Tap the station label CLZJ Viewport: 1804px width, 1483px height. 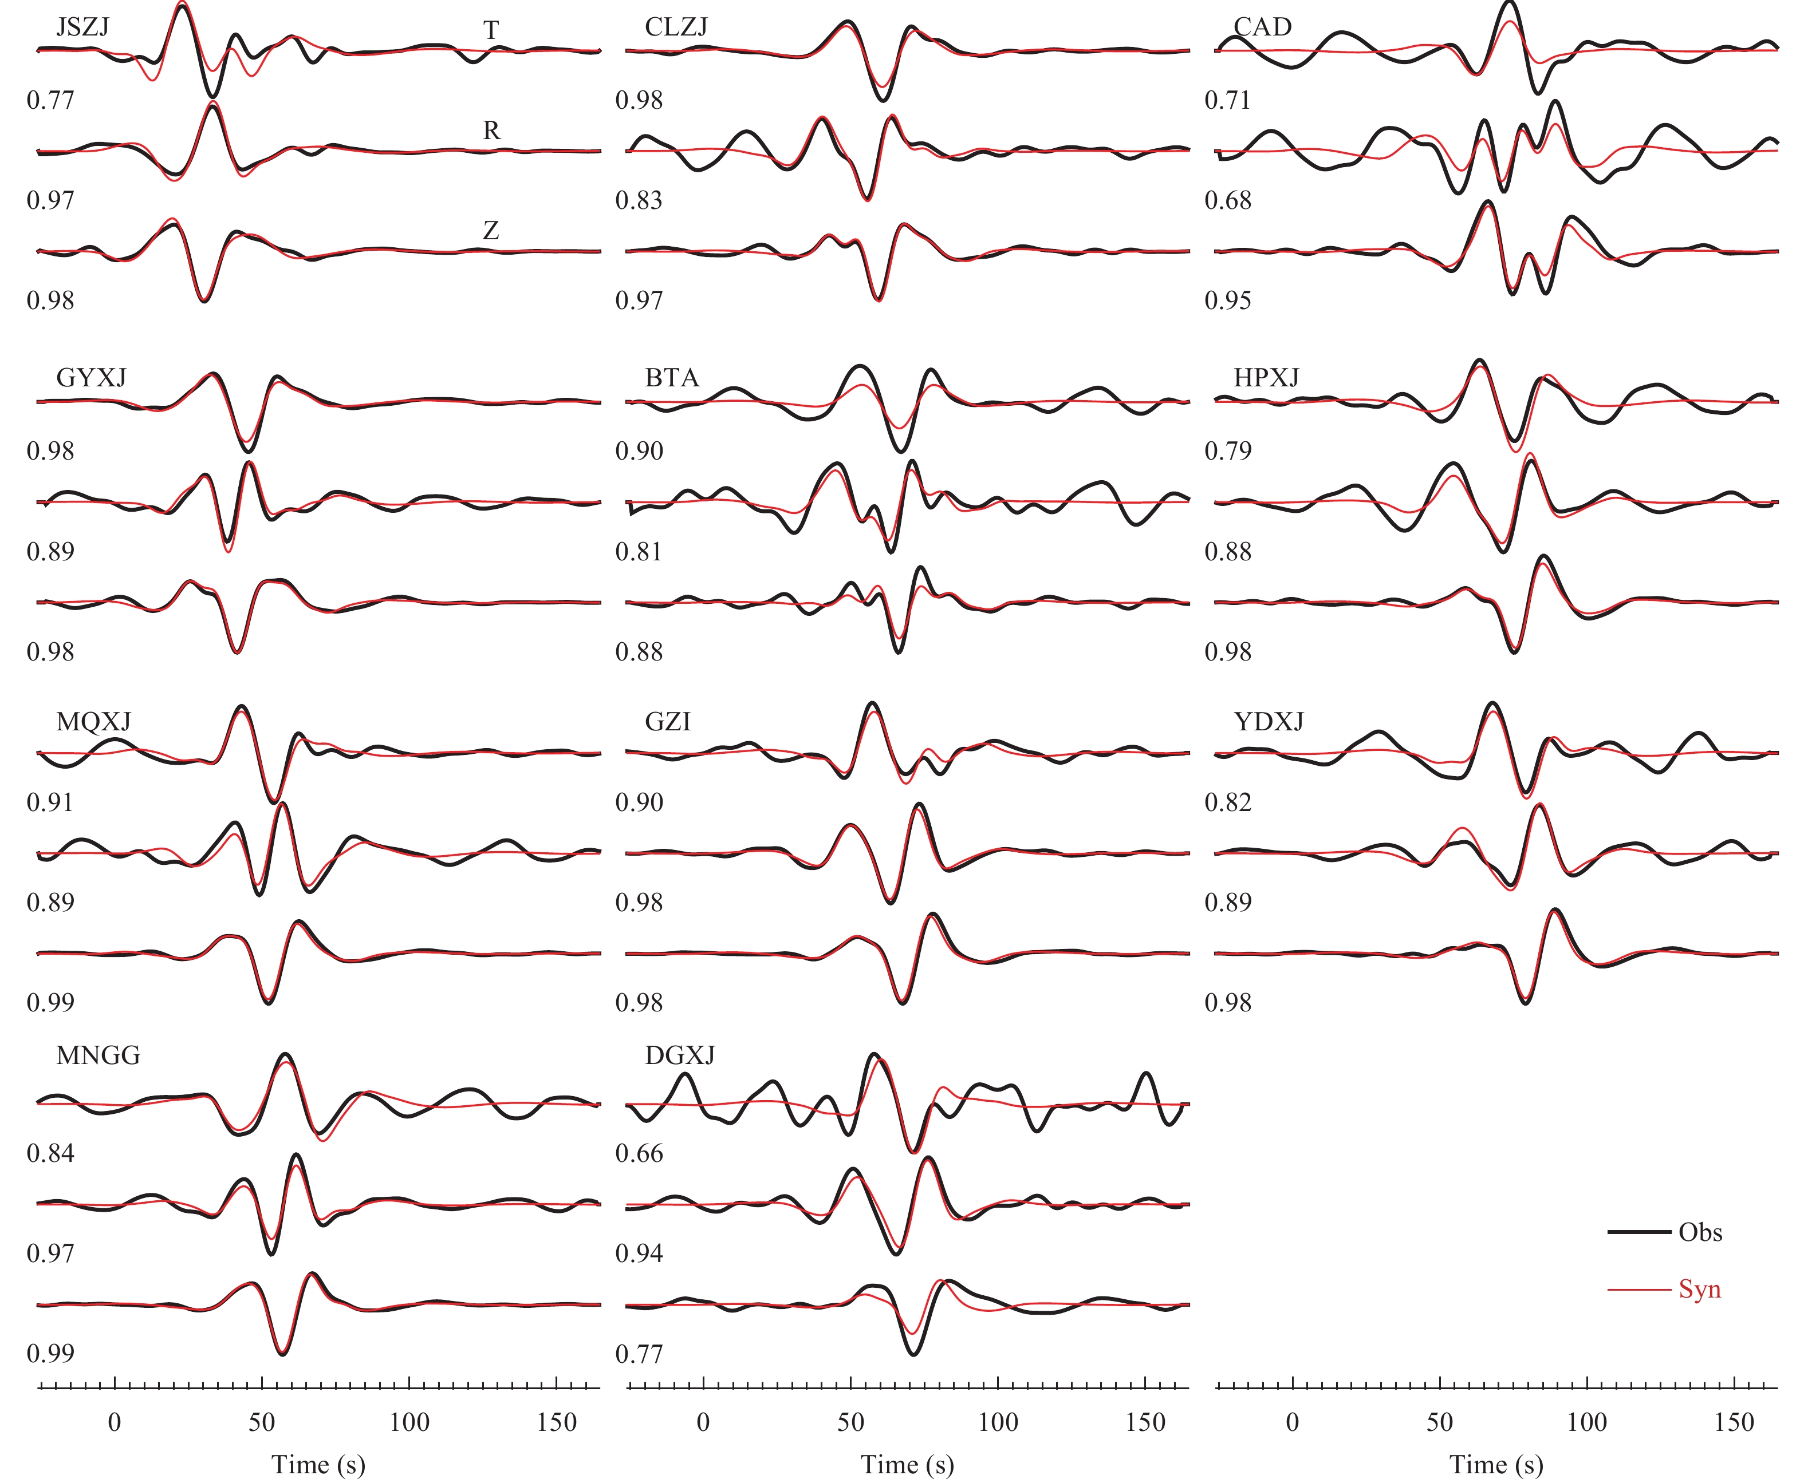click(x=676, y=27)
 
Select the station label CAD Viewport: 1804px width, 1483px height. click(x=1262, y=27)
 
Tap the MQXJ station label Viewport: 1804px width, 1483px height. click(x=93, y=722)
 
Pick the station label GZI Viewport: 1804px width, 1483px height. click(x=667, y=722)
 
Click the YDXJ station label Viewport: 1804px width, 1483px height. click(x=1269, y=722)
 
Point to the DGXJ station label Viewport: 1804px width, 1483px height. click(x=679, y=1056)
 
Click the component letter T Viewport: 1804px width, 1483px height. click(x=491, y=31)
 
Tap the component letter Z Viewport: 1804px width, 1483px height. click(x=491, y=231)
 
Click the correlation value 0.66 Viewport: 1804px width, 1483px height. click(x=639, y=1153)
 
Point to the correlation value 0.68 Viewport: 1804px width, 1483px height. click(x=1228, y=201)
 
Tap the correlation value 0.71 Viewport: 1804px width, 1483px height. click(x=1228, y=101)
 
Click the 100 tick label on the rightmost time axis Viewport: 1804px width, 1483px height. click(x=1587, y=1422)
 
